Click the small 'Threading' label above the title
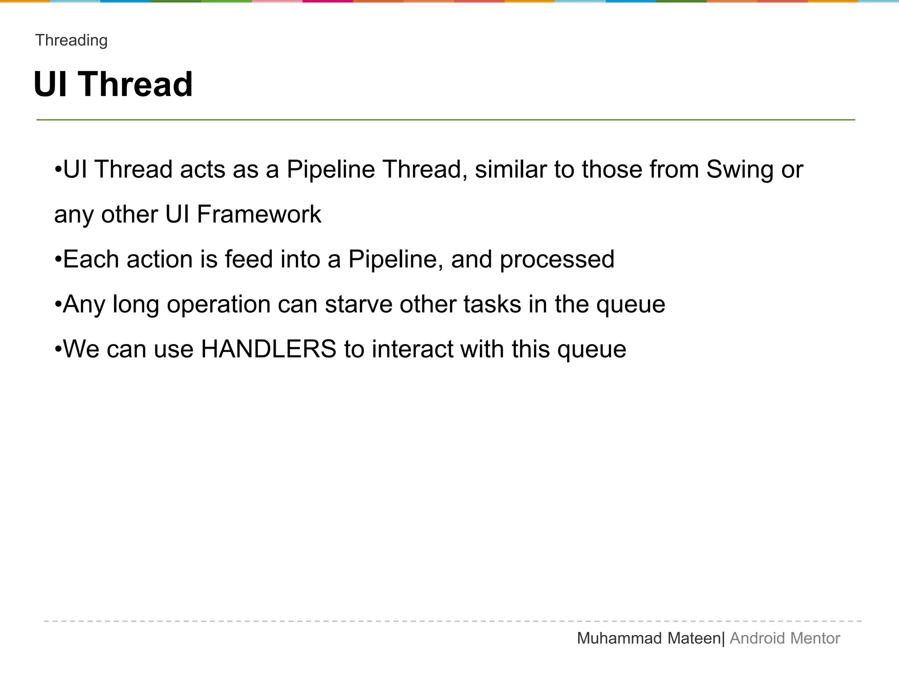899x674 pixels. point(72,40)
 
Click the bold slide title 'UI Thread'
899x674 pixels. point(113,84)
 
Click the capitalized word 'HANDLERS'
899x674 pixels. point(269,349)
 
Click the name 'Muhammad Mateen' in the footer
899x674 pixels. point(649,638)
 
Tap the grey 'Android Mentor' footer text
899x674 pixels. point(785,638)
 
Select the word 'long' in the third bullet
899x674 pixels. point(136,305)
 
